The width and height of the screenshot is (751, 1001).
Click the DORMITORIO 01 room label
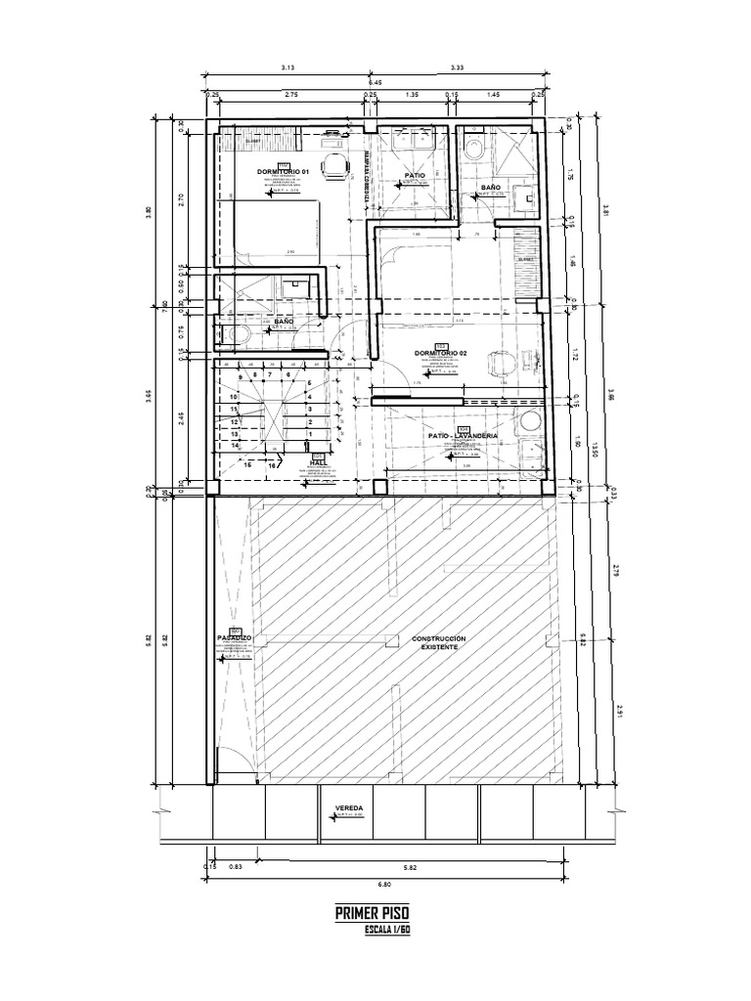[x=283, y=171]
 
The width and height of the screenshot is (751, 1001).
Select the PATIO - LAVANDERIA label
[x=463, y=435]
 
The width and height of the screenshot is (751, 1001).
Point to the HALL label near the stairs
[x=318, y=463]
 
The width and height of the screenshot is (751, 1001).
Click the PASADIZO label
[x=235, y=637]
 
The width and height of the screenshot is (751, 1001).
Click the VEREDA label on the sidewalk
[x=349, y=808]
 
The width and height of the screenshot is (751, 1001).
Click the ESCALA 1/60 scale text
[x=385, y=930]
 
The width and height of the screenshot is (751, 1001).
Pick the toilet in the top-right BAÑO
[x=474, y=149]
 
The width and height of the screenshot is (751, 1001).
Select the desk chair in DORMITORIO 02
[x=502, y=363]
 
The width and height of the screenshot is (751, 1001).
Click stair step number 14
[x=236, y=444]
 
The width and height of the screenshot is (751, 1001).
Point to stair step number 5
[x=309, y=384]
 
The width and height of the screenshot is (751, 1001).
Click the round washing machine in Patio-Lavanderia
[x=531, y=421]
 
